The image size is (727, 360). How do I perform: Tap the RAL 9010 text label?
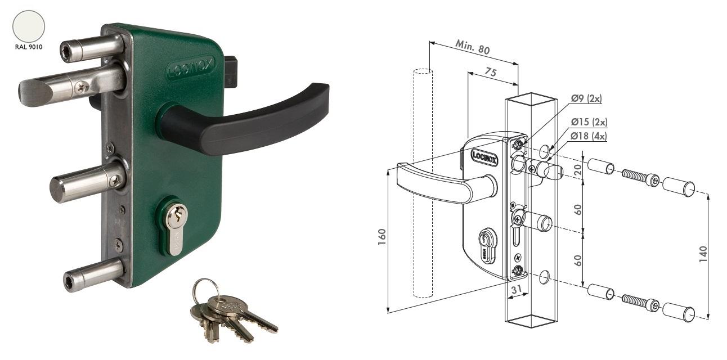pos(29,47)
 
